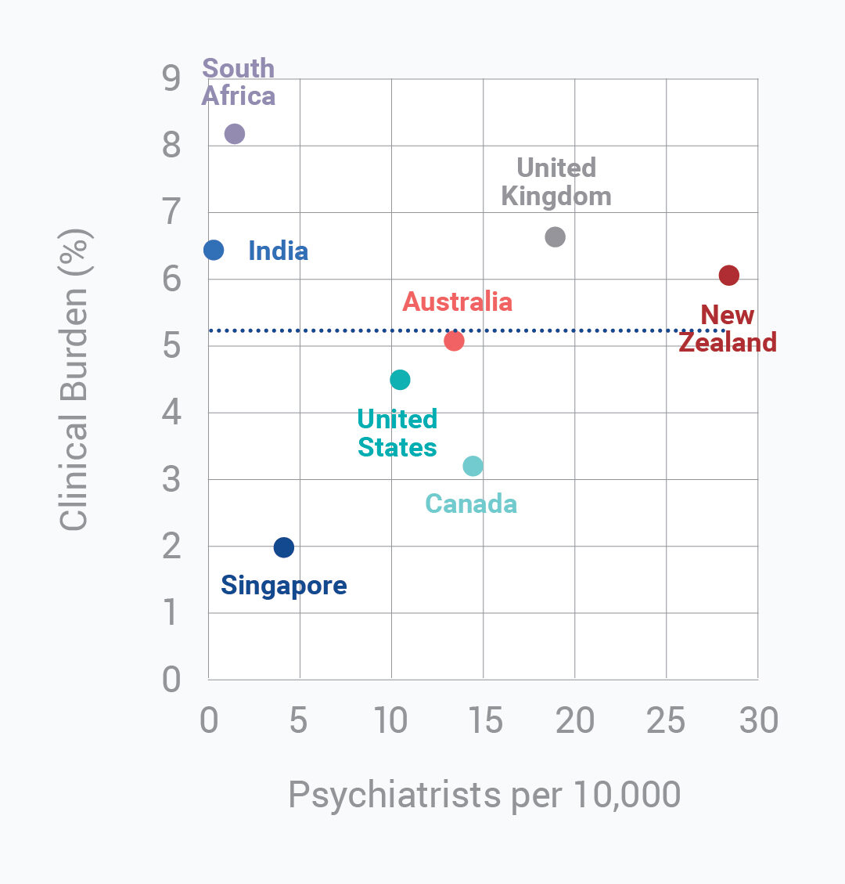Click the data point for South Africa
coord(234,134)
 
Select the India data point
coord(214,250)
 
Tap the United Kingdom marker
coord(555,236)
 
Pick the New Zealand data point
coord(728,275)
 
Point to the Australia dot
coord(454,341)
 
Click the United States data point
coord(400,380)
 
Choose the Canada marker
coord(473,466)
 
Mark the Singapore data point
coord(284,547)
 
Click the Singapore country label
coord(284,585)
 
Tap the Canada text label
coord(471,503)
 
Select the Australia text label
coord(458,301)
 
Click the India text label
coord(278,251)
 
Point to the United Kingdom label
coord(556,182)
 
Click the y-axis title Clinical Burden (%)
coord(76,379)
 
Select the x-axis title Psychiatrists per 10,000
coord(484,795)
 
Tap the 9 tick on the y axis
coord(171,78)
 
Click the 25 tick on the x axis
coord(666,720)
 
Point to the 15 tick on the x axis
coord(484,720)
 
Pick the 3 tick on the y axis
coord(171,479)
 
